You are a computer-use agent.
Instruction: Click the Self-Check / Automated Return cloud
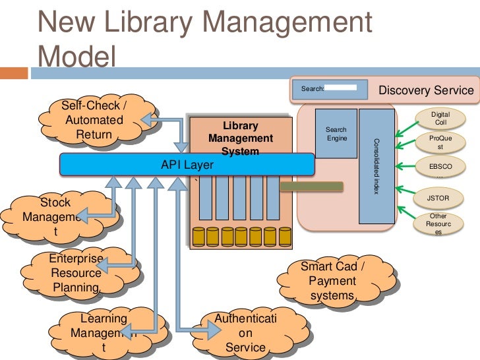[x=94, y=121]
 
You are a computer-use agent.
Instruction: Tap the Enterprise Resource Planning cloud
[x=76, y=272]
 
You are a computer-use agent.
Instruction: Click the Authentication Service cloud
[x=245, y=333]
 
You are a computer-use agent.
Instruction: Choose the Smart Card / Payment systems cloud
[x=337, y=282]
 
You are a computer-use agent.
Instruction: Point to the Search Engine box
[x=336, y=134]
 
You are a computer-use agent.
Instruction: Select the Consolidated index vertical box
[x=376, y=166]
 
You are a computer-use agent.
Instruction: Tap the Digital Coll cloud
[x=440, y=119]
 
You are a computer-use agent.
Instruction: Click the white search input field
[x=342, y=87]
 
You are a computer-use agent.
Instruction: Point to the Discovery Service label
[x=425, y=90]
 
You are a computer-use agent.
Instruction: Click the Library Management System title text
[x=241, y=138]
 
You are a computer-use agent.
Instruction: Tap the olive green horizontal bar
[x=312, y=186]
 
